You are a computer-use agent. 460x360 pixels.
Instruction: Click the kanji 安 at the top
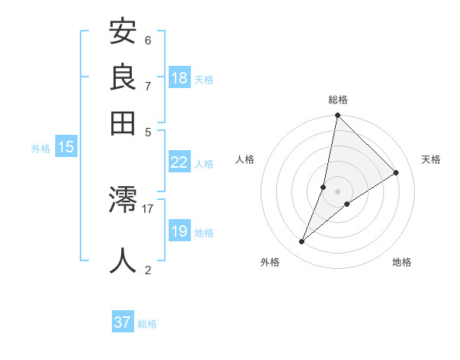(x=123, y=32)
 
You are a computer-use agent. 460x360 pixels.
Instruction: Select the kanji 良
(x=123, y=77)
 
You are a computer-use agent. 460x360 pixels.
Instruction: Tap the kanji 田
(x=123, y=121)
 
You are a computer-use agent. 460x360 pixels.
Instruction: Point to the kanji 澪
(x=123, y=201)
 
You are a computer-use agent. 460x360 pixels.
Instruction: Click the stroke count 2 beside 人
(x=148, y=270)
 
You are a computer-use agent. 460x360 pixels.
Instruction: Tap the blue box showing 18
(x=179, y=78)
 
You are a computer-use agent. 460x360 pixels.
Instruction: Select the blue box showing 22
(x=179, y=162)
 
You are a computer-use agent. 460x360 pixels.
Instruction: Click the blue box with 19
(x=179, y=231)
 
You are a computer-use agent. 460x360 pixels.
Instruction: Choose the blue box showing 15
(x=66, y=148)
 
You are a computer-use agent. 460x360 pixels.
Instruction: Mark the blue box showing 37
(x=123, y=322)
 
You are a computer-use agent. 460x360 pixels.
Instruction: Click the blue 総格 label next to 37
(x=147, y=324)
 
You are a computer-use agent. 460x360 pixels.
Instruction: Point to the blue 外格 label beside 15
(x=41, y=149)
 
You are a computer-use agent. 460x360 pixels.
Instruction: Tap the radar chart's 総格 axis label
(x=338, y=100)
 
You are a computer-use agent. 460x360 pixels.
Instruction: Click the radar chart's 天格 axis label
(x=432, y=159)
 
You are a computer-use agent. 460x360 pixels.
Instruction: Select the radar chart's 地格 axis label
(x=402, y=263)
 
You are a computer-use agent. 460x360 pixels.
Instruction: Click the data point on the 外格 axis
(x=302, y=242)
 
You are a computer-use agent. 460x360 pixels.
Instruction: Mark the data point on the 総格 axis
(x=337, y=116)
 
